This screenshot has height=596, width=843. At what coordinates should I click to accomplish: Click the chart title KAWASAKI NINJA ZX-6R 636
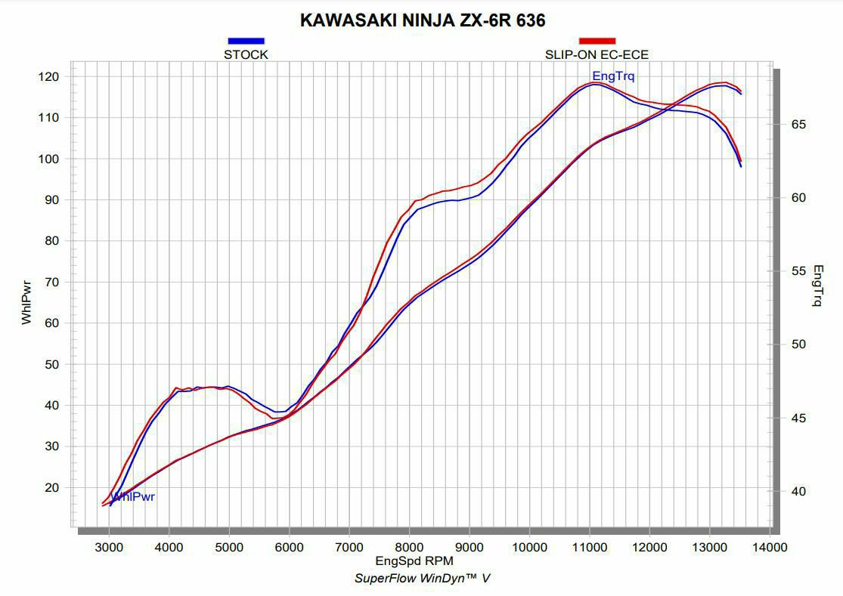coord(423,20)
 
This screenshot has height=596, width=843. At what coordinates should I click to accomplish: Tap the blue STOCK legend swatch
coord(246,41)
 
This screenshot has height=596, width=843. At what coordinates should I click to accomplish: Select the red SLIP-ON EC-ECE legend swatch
coord(597,41)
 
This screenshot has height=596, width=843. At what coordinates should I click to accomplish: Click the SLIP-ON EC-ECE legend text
coord(597,54)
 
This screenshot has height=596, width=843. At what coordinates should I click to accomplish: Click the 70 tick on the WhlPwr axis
coord(51,282)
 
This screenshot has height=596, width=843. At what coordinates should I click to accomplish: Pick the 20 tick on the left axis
coord(51,487)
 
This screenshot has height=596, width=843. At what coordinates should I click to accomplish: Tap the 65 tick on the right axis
coord(799,124)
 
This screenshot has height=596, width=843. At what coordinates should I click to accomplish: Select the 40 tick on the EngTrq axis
coord(799,491)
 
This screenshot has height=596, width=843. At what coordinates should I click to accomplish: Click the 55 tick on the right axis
coord(799,271)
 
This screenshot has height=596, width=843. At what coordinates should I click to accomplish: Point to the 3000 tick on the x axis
coord(110,548)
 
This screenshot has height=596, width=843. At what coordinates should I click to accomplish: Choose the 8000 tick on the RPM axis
coord(409,548)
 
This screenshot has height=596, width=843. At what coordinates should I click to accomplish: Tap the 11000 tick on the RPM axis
coord(590,548)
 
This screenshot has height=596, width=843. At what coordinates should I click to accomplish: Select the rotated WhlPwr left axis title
coord(26,303)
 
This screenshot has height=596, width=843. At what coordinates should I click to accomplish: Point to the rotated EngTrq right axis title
coord(817,286)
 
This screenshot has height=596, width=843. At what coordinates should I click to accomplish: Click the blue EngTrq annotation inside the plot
coord(613,76)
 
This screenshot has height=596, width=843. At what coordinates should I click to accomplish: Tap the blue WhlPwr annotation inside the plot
coord(134,496)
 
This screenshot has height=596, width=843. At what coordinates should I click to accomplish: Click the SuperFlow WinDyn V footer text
coord(423,578)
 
